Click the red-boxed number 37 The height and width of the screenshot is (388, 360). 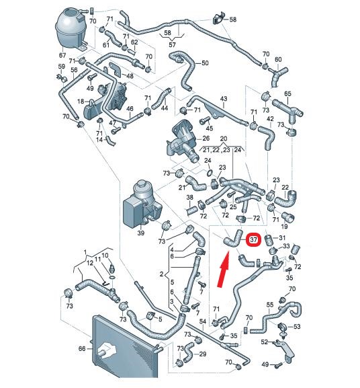coord(254,239)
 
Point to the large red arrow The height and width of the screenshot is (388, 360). coord(224,269)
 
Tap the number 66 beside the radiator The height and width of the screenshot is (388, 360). coord(82,348)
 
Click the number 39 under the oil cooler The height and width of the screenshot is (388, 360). coord(140,233)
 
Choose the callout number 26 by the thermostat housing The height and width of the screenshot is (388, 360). coord(206,138)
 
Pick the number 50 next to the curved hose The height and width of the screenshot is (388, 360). coord(205,63)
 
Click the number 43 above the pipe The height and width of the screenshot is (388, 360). coord(224,98)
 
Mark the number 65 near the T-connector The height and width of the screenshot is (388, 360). coord(287,93)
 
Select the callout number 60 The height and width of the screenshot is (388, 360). coord(278,59)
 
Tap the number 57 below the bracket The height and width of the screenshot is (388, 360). coord(172,44)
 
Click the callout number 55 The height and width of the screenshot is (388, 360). coord(270,305)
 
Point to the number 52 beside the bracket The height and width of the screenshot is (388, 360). coord(265,342)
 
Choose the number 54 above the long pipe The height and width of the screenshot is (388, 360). coord(203,321)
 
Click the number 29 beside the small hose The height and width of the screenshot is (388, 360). coord(203,354)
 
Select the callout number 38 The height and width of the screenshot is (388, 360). coord(190,197)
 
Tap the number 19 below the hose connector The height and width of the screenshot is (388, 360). coord(284,226)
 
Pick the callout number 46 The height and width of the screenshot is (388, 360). coord(130,108)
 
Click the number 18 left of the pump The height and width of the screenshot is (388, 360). coord(81,101)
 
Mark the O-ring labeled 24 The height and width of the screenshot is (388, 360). coord(210,172)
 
